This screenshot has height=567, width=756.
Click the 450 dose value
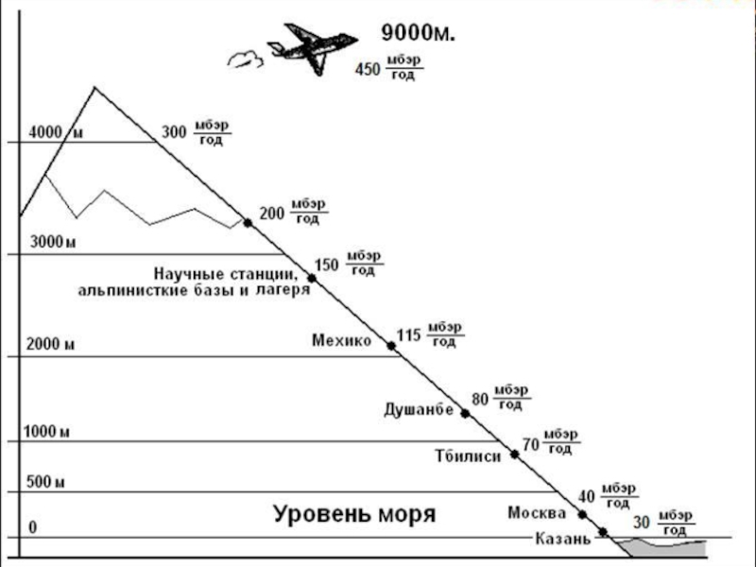click(367, 69)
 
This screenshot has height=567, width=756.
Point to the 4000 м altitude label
click(56, 132)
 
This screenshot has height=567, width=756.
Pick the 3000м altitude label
click(53, 243)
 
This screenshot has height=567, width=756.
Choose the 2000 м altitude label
click(51, 344)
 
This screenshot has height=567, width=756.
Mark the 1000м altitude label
click(47, 432)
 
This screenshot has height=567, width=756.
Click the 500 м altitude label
click(44, 482)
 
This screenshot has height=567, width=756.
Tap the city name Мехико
click(341, 341)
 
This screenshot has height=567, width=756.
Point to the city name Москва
click(537, 513)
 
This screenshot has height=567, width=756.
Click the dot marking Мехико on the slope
click(392, 346)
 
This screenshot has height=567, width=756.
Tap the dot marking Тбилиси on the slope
click(515, 455)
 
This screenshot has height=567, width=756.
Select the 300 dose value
click(174, 132)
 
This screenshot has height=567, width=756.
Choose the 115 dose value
click(407, 335)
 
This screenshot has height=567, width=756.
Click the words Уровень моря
click(354, 515)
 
